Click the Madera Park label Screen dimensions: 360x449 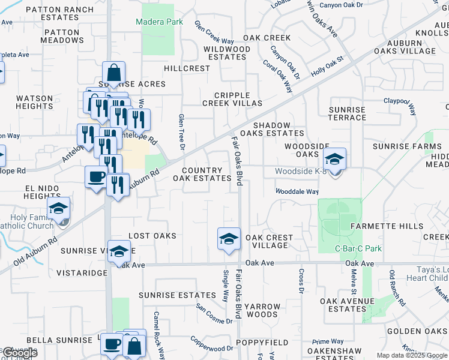coord(158,22)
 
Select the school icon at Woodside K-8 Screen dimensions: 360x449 coord(334,160)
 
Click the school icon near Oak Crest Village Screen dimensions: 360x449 coord(229,239)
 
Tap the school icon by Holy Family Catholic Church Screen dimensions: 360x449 coord(58,209)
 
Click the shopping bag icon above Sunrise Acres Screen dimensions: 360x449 coord(113,74)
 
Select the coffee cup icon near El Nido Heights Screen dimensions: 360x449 coord(96,178)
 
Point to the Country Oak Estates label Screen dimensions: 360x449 coord(202,175)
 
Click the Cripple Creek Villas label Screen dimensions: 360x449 coord(240,99)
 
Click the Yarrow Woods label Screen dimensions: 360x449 coord(262,310)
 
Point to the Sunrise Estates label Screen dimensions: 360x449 coord(177,295)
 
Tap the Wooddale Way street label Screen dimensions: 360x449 coord(297,191)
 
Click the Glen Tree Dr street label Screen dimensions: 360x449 coord(181,130)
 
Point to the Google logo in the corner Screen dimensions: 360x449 coord(20,353)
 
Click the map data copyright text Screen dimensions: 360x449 coord(412,355)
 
